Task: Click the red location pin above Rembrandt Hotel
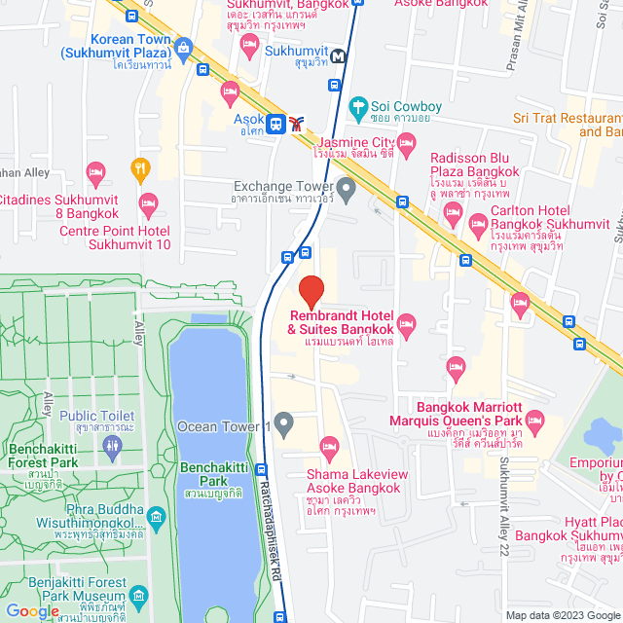(311, 291)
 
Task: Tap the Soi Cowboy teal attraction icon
(357, 104)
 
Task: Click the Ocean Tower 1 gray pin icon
(283, 423)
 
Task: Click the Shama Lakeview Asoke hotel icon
(329, 448)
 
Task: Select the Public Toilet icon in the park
(111, 444)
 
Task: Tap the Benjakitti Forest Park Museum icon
(137, 596)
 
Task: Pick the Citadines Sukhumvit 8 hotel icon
(95, 172)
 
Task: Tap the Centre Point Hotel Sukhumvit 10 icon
(148, 204)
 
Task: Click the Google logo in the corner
(31, 610)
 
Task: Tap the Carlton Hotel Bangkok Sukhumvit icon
(478, 224)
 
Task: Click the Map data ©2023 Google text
(561, 615)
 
